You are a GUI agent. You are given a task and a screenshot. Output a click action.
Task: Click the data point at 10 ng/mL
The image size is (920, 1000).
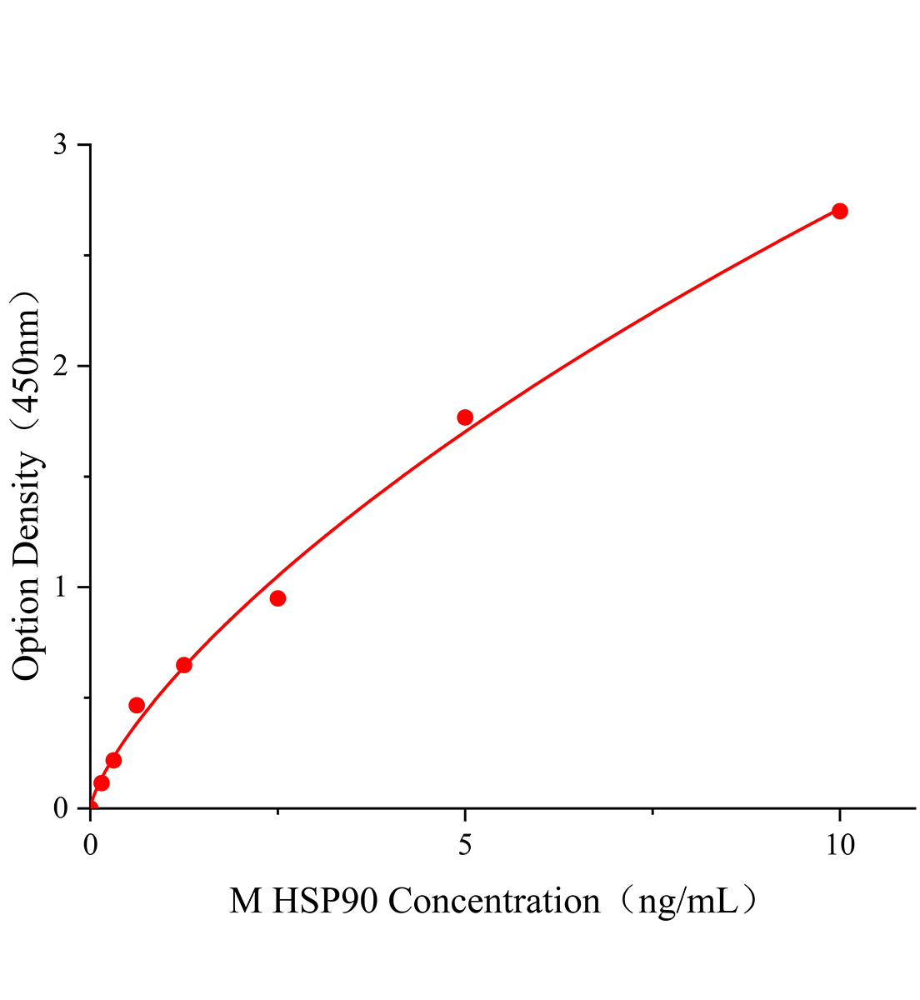pyautogui.click(x=839, y=211)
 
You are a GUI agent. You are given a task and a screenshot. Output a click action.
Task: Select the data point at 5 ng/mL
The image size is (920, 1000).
pyautogui.click(x=465, y=417)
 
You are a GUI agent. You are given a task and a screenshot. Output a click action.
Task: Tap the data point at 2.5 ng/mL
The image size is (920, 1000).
pyautogui.click(x=277, y=598)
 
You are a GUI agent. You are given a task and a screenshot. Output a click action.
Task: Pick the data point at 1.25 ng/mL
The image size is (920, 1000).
pyautogui.click(x=184, y=665)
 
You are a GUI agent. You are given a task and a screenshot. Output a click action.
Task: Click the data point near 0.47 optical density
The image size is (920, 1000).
pyautogui.click(x=137, y=705)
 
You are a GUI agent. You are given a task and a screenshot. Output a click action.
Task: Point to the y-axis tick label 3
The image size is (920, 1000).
pyautogui.click(x=60, y=145)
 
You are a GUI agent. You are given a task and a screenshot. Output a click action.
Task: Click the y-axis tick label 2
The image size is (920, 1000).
pyautogui.click(x=60, y=366)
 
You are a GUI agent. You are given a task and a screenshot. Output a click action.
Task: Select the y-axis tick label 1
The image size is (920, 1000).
pyautogui.click(x=60, y=587)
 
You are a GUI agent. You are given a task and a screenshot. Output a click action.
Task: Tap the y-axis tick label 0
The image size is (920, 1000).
pyautogui.click(x=60, y=808)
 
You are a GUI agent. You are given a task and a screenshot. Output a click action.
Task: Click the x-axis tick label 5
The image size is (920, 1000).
pyautogui.click(x=465, y=845)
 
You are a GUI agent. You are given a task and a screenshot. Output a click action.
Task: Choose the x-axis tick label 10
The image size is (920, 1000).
pyautogui.click(x=839, y=845)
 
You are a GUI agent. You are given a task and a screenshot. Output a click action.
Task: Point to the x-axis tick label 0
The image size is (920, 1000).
pyautogui.click(x=91, y=845)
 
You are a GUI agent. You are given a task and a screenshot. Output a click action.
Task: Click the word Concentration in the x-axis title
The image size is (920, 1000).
pyautogui.click(x=494, y=902)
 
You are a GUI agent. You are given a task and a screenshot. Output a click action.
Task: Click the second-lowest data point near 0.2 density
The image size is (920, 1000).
pyautogui.click(x=113, y=760)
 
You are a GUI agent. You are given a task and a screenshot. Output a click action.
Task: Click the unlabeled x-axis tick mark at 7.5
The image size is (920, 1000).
pyautogui.click(x=652, y=812)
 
